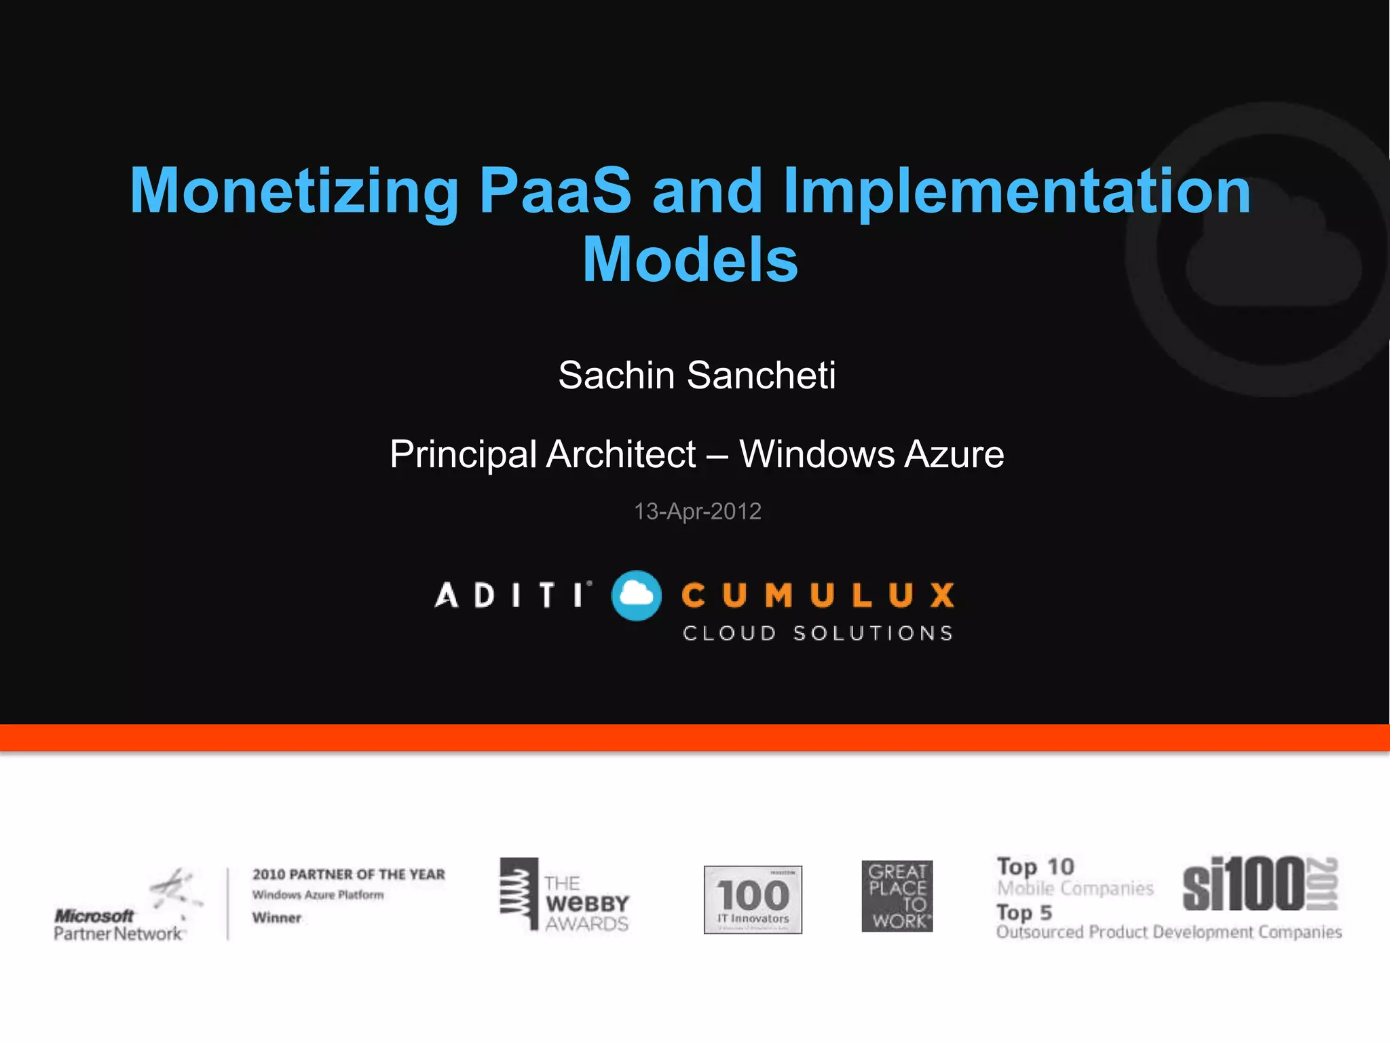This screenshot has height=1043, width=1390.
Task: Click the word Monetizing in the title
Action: [x=294, y=191]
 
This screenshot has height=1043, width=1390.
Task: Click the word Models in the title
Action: [x=690, y=259]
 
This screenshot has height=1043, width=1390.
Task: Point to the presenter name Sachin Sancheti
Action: [x=696, y=375]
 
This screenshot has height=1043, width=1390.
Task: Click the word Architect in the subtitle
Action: [x=620, y=454]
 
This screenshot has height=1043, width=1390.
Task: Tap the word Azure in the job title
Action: [x=954, y=454]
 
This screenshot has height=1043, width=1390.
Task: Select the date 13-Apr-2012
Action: [x=697, y=511]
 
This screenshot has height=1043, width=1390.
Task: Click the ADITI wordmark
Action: [x=512, y=596]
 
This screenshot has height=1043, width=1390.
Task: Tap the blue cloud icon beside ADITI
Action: [x=636, y=596]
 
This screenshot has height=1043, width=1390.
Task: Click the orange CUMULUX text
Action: [x=818, y=596]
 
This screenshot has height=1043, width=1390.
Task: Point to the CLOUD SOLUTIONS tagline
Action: [x=818, y=633]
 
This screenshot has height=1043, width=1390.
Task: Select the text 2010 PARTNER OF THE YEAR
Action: [x=349, y=874]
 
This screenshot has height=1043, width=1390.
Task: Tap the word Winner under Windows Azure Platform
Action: [x=276, y=917]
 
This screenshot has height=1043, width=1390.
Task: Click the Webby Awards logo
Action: [x=565, y=895]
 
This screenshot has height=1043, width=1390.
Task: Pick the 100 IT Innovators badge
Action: [x=753, y=899]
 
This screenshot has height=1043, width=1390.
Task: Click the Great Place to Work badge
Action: [x=897, y=896]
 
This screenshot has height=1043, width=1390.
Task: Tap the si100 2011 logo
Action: [x=1260, y=883]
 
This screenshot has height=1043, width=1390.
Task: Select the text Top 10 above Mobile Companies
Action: [x=1035, y=866]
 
